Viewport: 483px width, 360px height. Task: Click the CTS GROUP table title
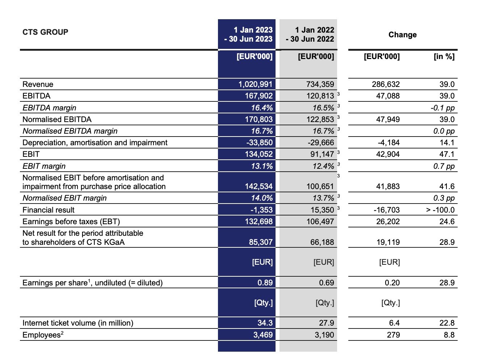(45, 32)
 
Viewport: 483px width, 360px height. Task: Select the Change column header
(402, 35)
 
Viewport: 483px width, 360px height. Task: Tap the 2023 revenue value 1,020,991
(255, 84)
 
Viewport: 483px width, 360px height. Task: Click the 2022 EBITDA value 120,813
(320, 96)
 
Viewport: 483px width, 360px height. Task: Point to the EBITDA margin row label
(50, 108)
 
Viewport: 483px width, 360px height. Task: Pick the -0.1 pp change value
(442, 108)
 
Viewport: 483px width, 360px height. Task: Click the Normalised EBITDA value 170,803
(259, 120)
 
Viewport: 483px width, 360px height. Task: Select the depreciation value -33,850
(259, 143)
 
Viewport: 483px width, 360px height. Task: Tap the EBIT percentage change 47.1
(447, 154)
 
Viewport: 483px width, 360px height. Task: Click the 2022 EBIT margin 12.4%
(323, 166)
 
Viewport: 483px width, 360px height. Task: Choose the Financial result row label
(49, 210)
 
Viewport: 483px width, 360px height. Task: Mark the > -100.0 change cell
(440, 210)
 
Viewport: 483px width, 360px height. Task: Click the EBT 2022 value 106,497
(320, 222)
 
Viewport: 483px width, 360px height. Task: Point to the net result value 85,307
(261, 242)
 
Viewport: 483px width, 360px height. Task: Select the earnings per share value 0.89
(265, 282)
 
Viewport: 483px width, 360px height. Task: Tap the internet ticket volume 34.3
(265, 323)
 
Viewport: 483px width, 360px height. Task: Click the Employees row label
(43, 335)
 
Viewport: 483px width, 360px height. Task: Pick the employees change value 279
(393, 335)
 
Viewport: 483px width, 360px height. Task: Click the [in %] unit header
(444, 56)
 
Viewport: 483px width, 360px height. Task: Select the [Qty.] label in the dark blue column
(263, 303)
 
